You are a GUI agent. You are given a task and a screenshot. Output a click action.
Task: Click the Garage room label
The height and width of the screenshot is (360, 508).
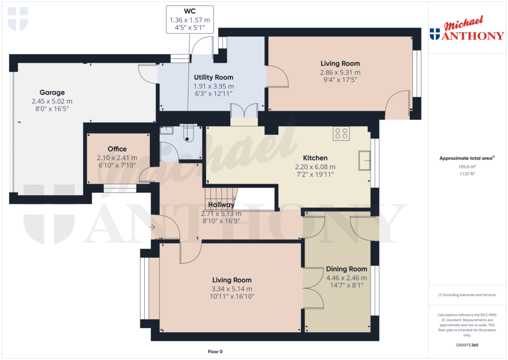52,92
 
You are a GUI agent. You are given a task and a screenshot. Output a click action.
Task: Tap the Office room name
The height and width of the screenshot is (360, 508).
117,149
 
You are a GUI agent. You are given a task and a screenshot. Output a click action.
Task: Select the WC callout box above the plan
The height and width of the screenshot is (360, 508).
190,19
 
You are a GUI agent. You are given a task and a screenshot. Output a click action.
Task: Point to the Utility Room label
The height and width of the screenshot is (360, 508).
213,77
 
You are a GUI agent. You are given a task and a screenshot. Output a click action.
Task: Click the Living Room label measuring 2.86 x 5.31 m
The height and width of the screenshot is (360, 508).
340,64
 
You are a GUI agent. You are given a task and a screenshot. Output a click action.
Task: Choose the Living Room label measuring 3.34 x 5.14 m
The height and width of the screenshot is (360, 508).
232,280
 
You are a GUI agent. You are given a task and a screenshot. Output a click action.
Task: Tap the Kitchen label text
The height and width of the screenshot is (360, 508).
315,158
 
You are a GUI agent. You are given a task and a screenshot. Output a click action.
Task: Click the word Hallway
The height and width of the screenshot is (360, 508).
221,205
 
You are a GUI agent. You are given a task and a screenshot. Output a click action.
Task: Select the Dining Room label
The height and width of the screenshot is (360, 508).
346,269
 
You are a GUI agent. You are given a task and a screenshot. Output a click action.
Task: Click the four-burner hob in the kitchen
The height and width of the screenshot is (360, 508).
341,133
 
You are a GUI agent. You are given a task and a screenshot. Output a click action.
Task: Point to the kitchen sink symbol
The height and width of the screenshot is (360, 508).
364,160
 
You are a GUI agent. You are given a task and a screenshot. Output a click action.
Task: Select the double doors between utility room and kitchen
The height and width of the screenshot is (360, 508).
244,110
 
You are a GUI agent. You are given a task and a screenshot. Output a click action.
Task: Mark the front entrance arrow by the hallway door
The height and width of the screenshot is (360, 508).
152,227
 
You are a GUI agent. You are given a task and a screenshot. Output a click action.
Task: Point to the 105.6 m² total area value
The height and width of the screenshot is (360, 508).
466,167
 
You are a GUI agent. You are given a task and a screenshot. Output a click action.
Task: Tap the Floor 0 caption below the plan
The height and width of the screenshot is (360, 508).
216,352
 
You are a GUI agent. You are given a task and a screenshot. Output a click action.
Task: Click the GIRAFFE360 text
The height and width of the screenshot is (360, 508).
466,345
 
